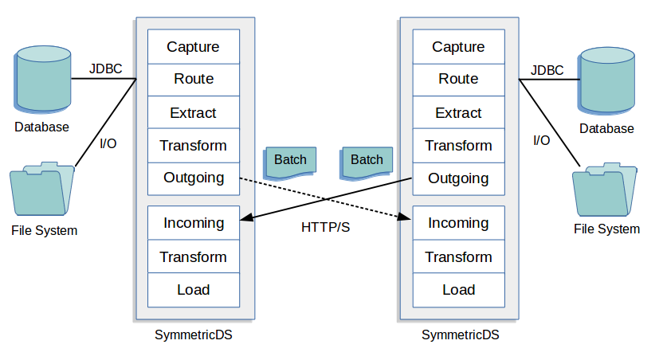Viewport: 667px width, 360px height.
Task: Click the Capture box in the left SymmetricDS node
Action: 193,46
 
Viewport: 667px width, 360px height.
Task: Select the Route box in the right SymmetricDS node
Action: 458,79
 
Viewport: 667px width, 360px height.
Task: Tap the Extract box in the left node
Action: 193,112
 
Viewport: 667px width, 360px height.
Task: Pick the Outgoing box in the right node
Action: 458,178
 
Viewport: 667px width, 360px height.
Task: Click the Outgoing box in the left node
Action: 193,178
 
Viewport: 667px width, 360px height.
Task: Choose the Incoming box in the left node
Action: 193,223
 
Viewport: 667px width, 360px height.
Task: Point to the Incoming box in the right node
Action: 458,223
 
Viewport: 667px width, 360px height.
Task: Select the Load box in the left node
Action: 193,290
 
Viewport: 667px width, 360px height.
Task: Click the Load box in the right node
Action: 458,290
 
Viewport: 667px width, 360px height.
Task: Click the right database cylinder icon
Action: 607,80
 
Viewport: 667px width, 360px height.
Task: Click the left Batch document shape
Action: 290,161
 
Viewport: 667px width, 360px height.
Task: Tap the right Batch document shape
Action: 367,161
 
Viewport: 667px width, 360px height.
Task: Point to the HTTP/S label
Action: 325,227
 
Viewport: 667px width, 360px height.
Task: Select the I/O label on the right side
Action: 541,140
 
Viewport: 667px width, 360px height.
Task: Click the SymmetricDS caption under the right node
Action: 460,335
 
